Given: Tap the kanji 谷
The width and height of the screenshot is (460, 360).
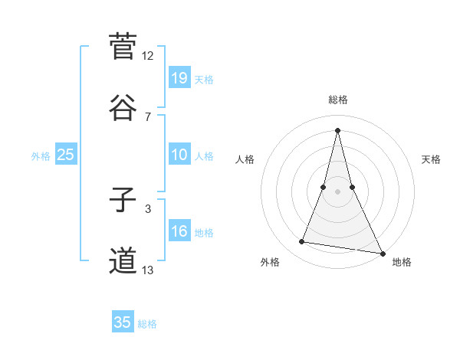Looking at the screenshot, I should click(x=123, y=106).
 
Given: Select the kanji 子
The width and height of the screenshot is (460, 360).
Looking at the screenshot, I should click(x=123, y=200).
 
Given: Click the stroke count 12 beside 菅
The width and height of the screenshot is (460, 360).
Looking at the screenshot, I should click(x=148, y=56).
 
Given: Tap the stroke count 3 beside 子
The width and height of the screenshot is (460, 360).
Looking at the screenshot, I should click(x=148, y=208).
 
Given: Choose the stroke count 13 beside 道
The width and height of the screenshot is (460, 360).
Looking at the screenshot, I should click(x=148, y=270).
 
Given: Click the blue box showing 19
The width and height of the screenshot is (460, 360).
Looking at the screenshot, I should click(x=179, y=78).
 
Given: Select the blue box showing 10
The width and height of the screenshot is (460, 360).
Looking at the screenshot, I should click(x=179, y=155).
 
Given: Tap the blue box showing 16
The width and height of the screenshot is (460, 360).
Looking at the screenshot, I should click(x=179, y=232).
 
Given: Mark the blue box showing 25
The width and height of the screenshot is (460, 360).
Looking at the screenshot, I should click(x=65, y=155).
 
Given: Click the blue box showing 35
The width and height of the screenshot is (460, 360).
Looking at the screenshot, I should click(x=123, y=322).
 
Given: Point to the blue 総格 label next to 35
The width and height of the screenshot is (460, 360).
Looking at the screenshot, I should click(x=147, y=324).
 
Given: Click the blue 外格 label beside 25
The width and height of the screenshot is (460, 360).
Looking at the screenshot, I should click(x=41, y=156).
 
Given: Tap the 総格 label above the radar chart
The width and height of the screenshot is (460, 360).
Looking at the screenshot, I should click(x=337, y=100).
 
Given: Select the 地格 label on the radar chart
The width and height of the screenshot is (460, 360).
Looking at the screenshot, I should click(x=402, y=262).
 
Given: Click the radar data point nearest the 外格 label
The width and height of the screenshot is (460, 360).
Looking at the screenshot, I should click(x=302, y=242).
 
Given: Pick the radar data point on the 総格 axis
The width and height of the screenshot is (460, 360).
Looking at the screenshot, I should click(x=337, y=129).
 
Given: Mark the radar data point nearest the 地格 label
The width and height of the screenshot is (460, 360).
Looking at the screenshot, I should click(x=381, y=251).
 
